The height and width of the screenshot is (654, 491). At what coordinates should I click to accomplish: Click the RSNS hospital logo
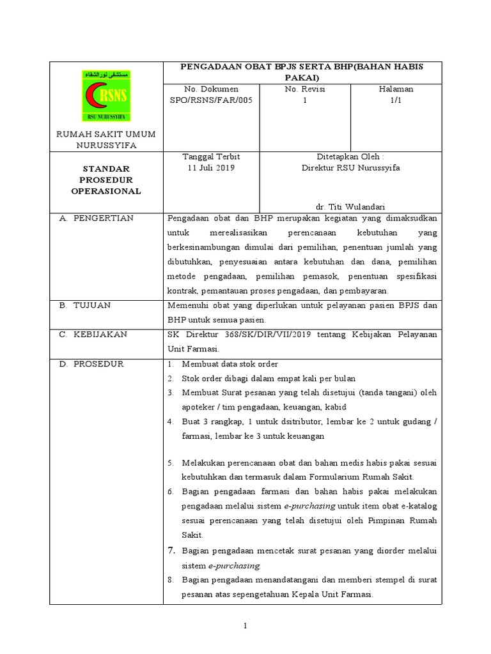click(x=105, y=96)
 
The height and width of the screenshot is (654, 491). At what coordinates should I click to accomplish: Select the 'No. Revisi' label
click(x=305, y=89)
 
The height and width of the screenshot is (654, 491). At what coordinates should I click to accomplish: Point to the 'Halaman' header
click(x=396, y=89)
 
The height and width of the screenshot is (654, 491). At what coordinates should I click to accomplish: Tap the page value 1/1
click(x=396, y=100)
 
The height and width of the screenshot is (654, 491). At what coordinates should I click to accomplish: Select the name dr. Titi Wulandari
click(x=350, y=206)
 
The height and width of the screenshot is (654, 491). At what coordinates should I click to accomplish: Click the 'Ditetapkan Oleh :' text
click(x=350, y=156)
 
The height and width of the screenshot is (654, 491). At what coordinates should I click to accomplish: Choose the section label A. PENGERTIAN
click(x=96, y=218)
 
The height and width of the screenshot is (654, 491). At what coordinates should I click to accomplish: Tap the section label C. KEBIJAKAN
click(x=93, y=334)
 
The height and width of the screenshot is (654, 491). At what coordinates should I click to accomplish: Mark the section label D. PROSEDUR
click(x=92, y=364)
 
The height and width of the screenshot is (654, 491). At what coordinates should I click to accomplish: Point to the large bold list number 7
click(x=171, y=551)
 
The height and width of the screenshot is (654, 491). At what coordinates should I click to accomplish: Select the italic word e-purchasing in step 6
click(x=309, y=505)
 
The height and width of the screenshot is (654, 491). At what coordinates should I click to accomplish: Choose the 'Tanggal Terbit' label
click(x=211, y=156)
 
